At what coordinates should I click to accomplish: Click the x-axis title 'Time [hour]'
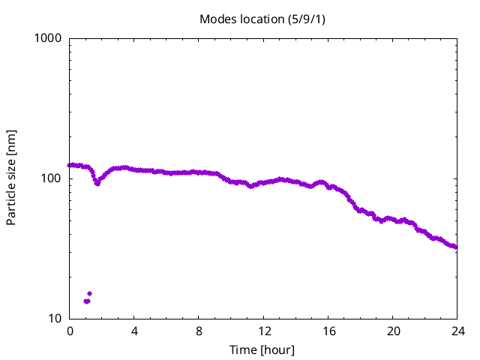pos(262,350)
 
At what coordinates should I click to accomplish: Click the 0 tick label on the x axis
pos(70,331)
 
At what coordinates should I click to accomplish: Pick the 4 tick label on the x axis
pos(134,331)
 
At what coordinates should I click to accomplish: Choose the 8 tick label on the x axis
pos(199,331)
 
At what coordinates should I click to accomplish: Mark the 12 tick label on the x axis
pos(263,331)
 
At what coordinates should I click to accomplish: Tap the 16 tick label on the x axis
pos(328,331)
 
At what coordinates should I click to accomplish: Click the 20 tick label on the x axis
pos(392,331)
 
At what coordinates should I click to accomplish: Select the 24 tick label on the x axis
pos(457,331)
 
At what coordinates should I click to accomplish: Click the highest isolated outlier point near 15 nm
pos(89,293)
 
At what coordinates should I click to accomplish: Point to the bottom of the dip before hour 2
pos(97,183)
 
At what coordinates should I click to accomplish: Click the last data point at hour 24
pos(455,247)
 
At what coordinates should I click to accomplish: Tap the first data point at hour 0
pos(70,165)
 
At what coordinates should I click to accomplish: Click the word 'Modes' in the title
pos(216,18)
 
